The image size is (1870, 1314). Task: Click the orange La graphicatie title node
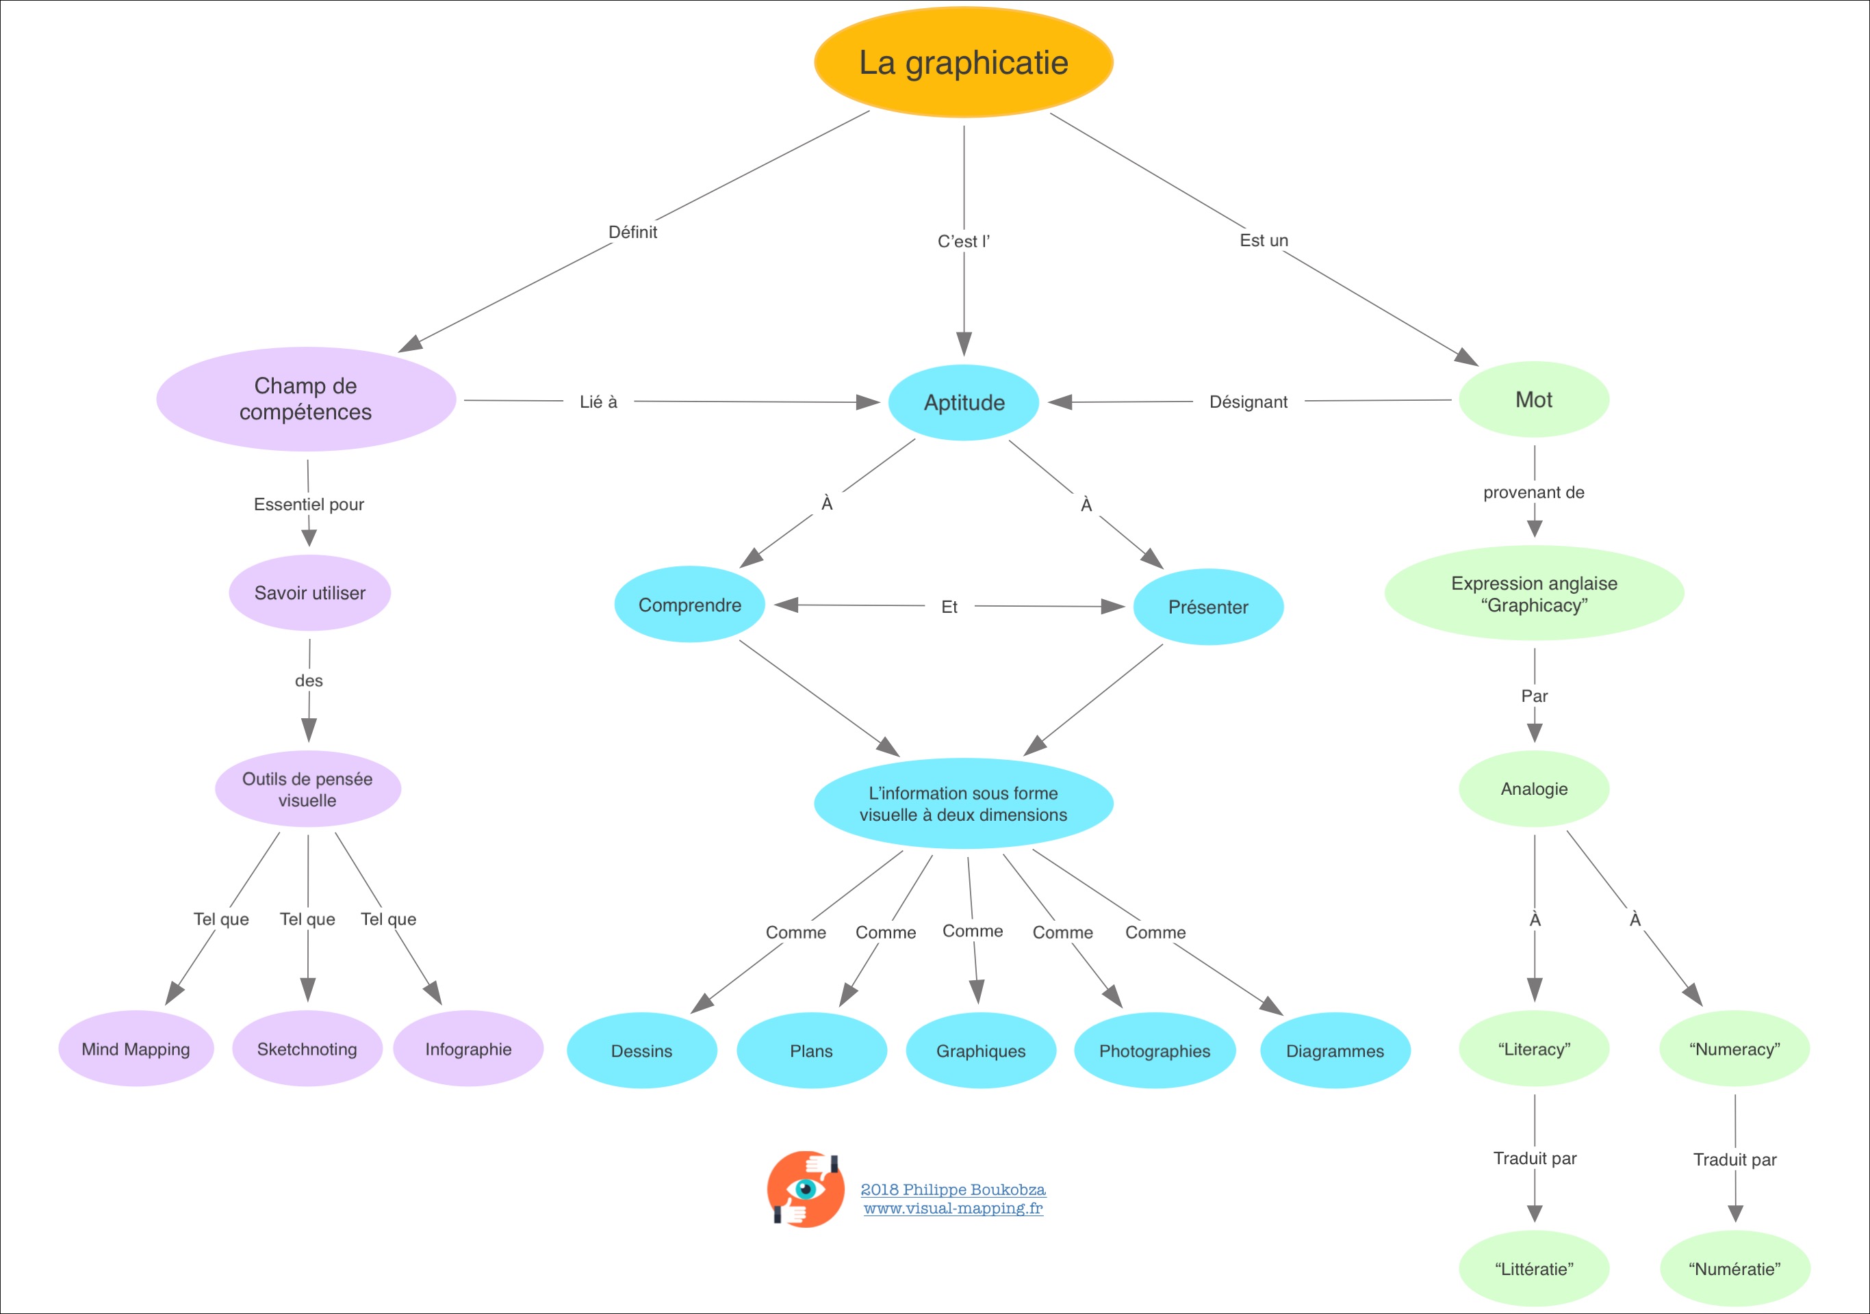point(964,63)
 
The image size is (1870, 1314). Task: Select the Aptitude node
point(964,402)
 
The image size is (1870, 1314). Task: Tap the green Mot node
point(1534,399)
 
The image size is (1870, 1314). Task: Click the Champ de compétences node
point(305,399)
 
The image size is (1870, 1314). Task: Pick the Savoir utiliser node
point(309,592)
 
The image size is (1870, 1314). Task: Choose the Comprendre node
point(689,605)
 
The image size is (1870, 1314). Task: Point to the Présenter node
point(1208,607)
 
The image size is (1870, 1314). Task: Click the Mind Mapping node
point(136,1049)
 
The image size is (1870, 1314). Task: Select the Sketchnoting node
point(307,1049)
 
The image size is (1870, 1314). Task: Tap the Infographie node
point(468,1049)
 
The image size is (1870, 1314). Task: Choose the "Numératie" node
point(1734,1268)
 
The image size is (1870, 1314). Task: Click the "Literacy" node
point(1534,1049)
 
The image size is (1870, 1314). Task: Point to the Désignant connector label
point(1248,402)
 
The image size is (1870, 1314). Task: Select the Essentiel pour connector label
point(309,504)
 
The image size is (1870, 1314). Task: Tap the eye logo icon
point(806,1190)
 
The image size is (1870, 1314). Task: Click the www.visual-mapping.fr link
point(953,1208)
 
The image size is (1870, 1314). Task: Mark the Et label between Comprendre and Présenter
point(949,607)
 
